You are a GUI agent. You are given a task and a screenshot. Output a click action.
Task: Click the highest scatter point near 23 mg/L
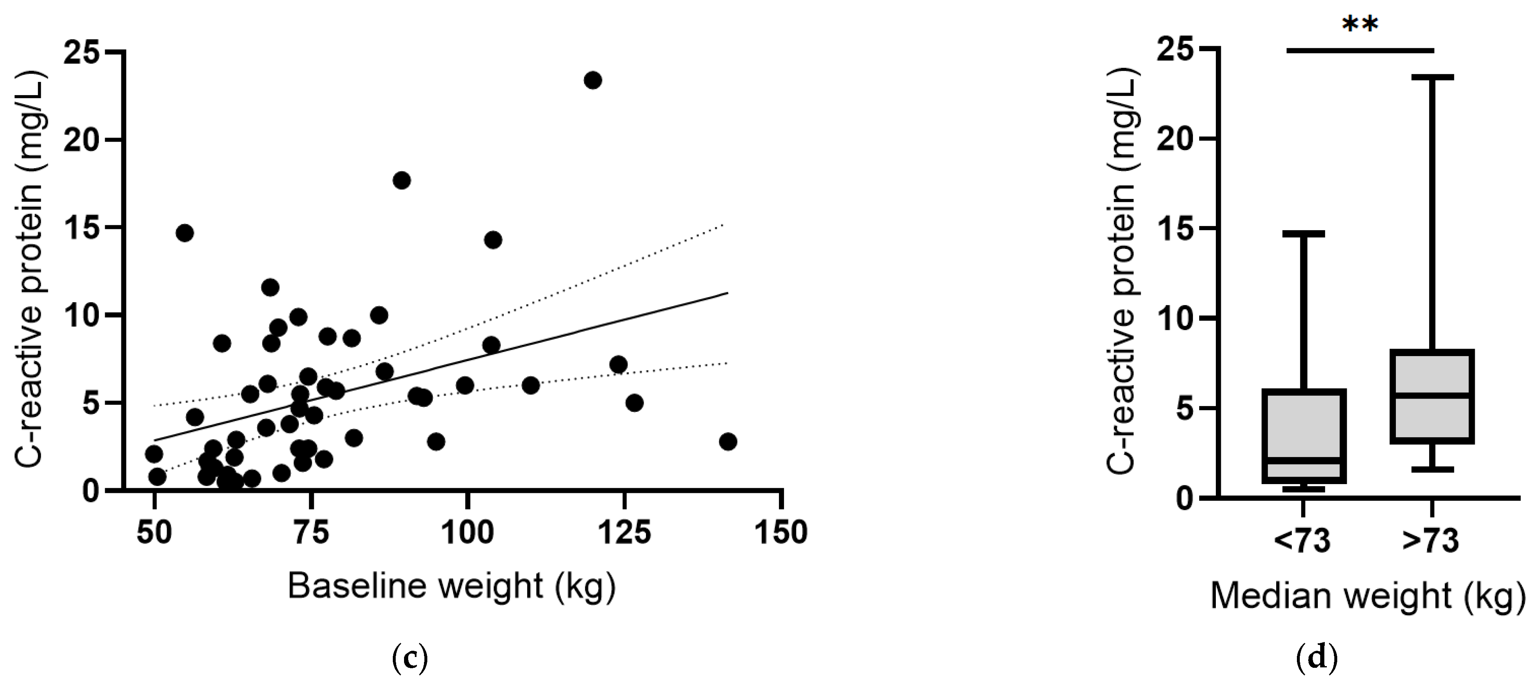592,80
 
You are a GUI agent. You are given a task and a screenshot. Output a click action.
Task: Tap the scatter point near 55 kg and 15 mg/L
185,233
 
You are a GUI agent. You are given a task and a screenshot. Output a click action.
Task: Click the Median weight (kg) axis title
1367,595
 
